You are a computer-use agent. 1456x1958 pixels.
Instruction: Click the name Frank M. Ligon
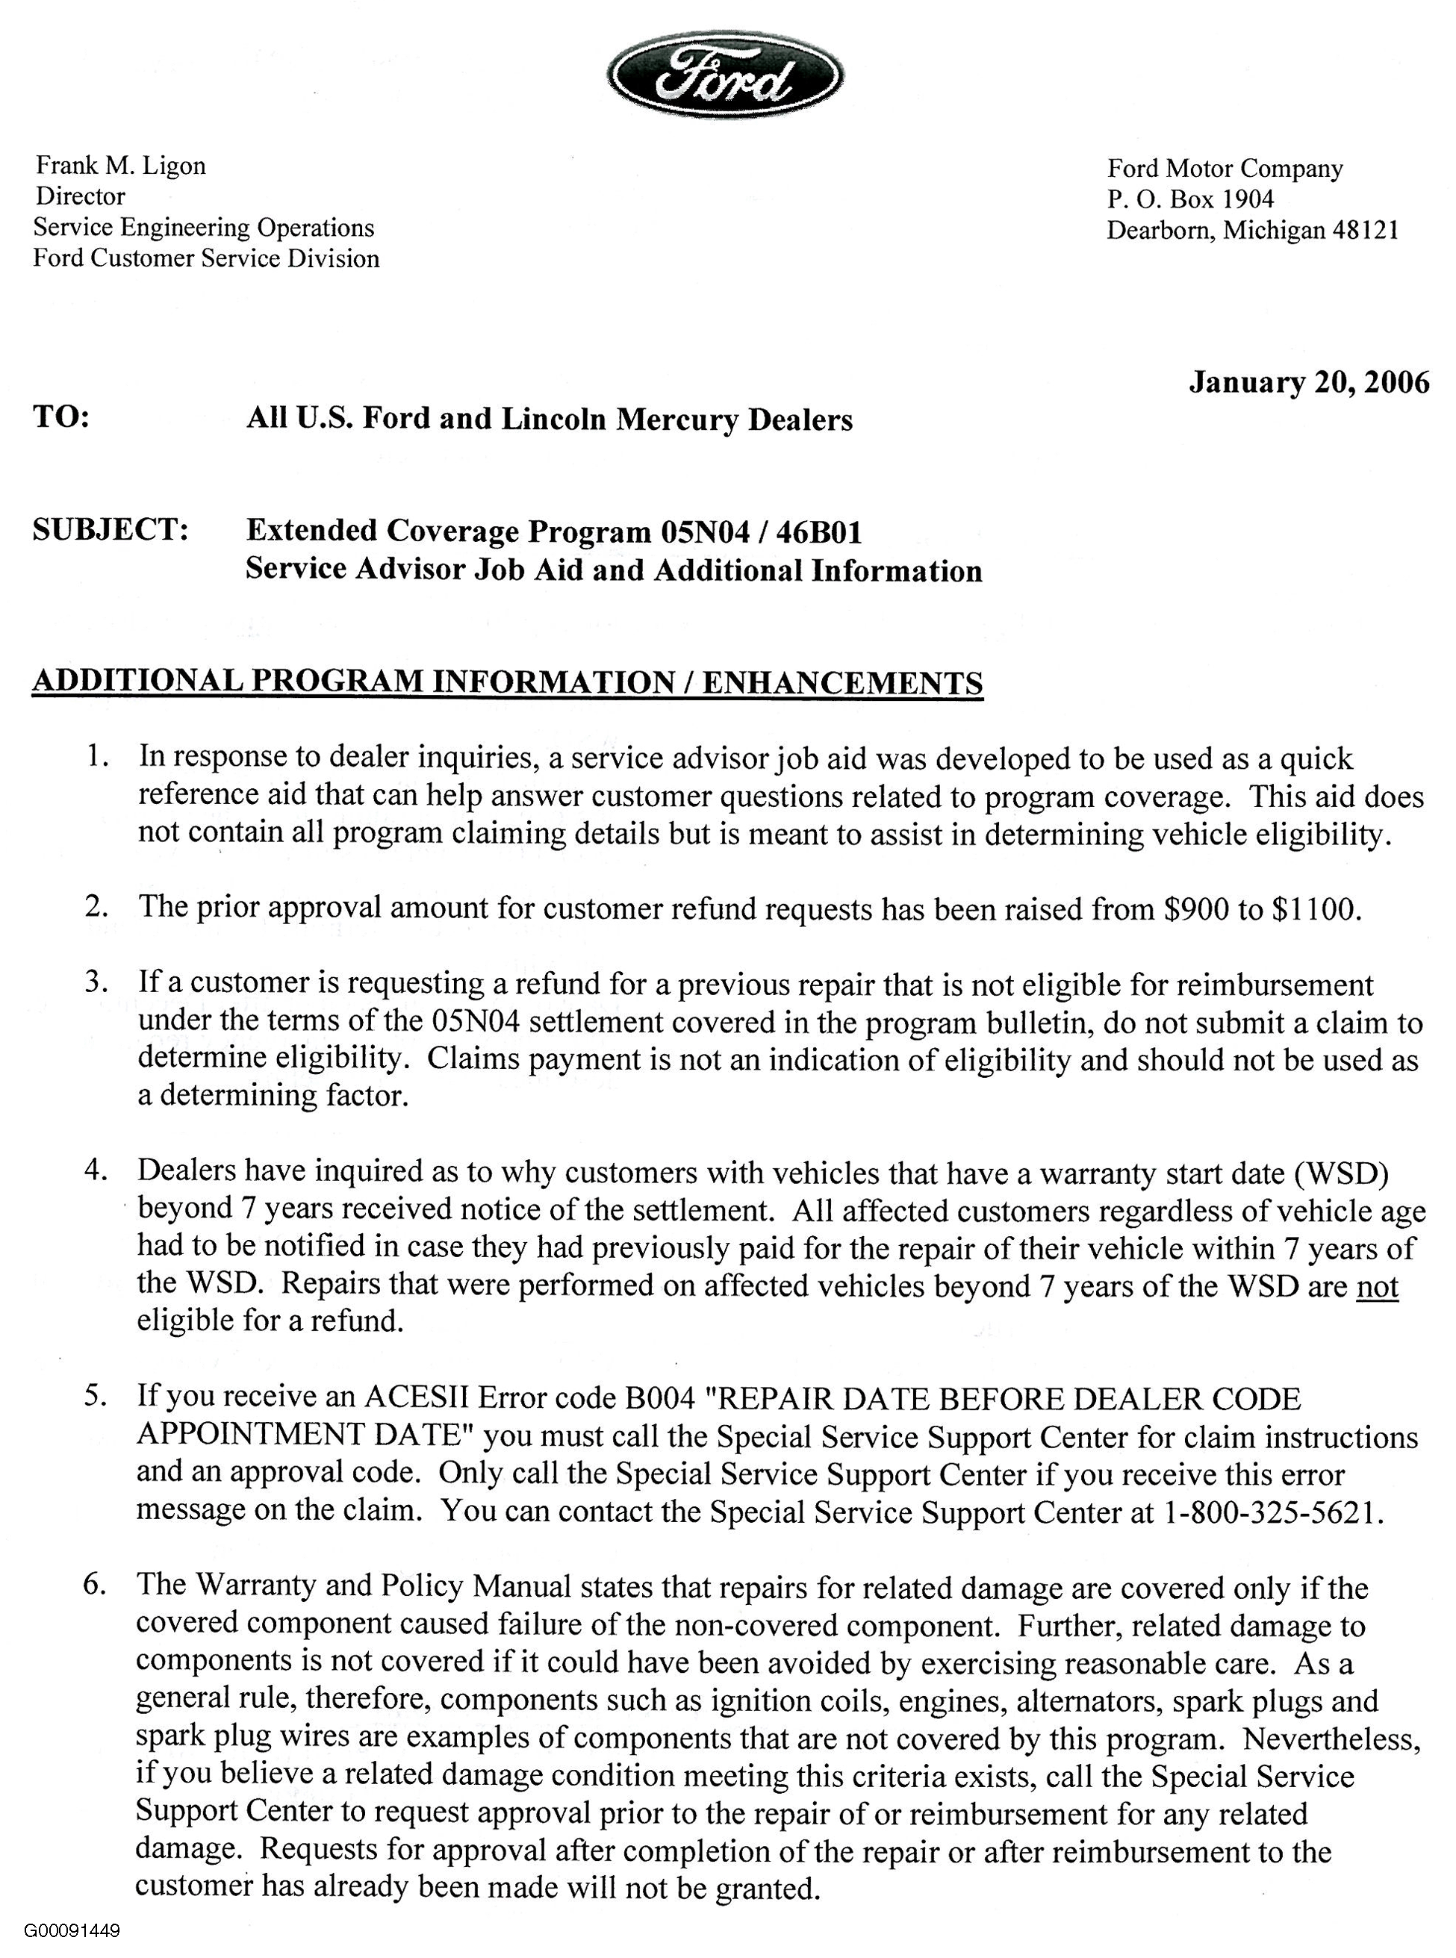tap(121, 166)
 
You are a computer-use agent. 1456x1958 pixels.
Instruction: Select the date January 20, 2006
tap(1309, 382)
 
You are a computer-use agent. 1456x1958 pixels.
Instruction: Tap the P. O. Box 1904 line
tap(1191, 199)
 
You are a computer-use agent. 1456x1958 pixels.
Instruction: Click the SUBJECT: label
tap(111, 529)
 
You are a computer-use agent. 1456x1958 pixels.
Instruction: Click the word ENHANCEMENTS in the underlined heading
tap(841, 683)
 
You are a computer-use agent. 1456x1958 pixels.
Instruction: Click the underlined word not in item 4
tap(1377, 1286)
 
